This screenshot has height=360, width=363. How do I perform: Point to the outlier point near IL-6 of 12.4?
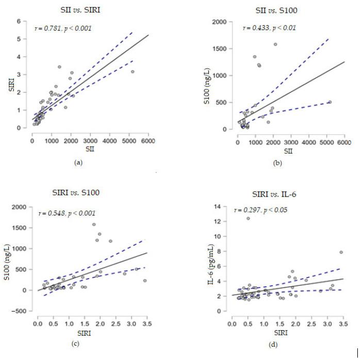pos(248,218)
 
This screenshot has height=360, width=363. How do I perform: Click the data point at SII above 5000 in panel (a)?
pos(133,72)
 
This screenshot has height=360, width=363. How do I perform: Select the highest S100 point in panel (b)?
pos(275,44)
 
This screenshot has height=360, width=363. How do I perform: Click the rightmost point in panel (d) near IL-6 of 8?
pos(341,252)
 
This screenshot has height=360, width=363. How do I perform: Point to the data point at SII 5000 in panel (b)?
pos(329,102)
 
